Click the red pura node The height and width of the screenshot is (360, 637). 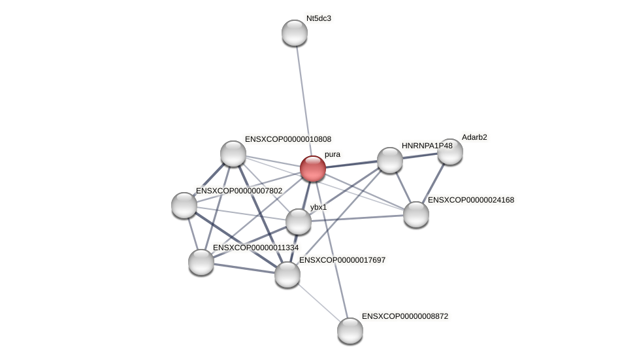(x=313, y=169)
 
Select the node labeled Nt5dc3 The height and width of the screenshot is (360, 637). (x=295, y=33)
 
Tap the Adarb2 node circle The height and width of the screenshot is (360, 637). (x=450, y=152)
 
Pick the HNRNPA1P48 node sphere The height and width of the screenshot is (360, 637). (x=390, y=160)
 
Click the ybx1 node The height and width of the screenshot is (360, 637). (x=299, y=221)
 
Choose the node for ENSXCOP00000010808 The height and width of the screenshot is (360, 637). (x=233, y=154)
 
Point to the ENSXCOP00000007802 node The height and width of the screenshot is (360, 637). (x=184, y=205)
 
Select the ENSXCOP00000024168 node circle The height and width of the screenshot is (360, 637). (x=416, y=214)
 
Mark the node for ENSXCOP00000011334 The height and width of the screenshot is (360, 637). (x=201, y=262)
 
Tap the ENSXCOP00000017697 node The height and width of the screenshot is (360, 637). (x=287, y=274)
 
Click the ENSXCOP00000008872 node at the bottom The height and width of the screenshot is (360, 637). (x=350, y=331)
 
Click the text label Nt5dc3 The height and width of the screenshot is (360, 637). (x=319, y=18)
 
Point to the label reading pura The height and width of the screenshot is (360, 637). (x=333, y=155)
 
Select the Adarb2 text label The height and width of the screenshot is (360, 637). (x=474, y=137)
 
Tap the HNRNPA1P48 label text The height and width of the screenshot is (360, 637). (x=427, y=146)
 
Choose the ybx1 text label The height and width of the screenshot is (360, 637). (x=318, y=207)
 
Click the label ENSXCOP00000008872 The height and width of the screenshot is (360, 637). (x=405, y=316)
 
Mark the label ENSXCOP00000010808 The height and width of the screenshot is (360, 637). (x=288, y=139)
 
